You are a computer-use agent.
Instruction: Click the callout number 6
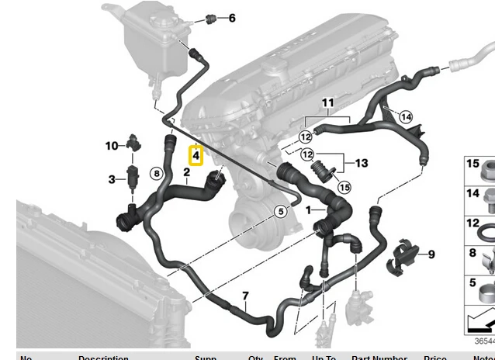pos(231,18)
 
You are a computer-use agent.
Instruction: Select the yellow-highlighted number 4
pos(196,156)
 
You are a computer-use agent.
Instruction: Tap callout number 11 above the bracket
pos(327,102)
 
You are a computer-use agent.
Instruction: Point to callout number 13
pos(362,163)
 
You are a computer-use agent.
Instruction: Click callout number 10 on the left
pos(112,145)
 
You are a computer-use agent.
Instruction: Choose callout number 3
pos(112,180)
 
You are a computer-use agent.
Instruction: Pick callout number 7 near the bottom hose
pos(245,296)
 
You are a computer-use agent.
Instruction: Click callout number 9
pos(431,254)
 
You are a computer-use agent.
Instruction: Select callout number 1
pos(310,209)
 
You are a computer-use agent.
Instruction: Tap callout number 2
pos(187,172)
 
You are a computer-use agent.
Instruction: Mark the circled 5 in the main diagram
pos(281,210)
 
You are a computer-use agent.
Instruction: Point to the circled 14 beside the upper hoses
pos(406,117)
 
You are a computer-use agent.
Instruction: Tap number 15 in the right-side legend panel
pos(472,163)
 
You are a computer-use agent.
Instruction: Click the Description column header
pos(103,358)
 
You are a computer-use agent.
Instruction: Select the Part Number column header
pos(379,358)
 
